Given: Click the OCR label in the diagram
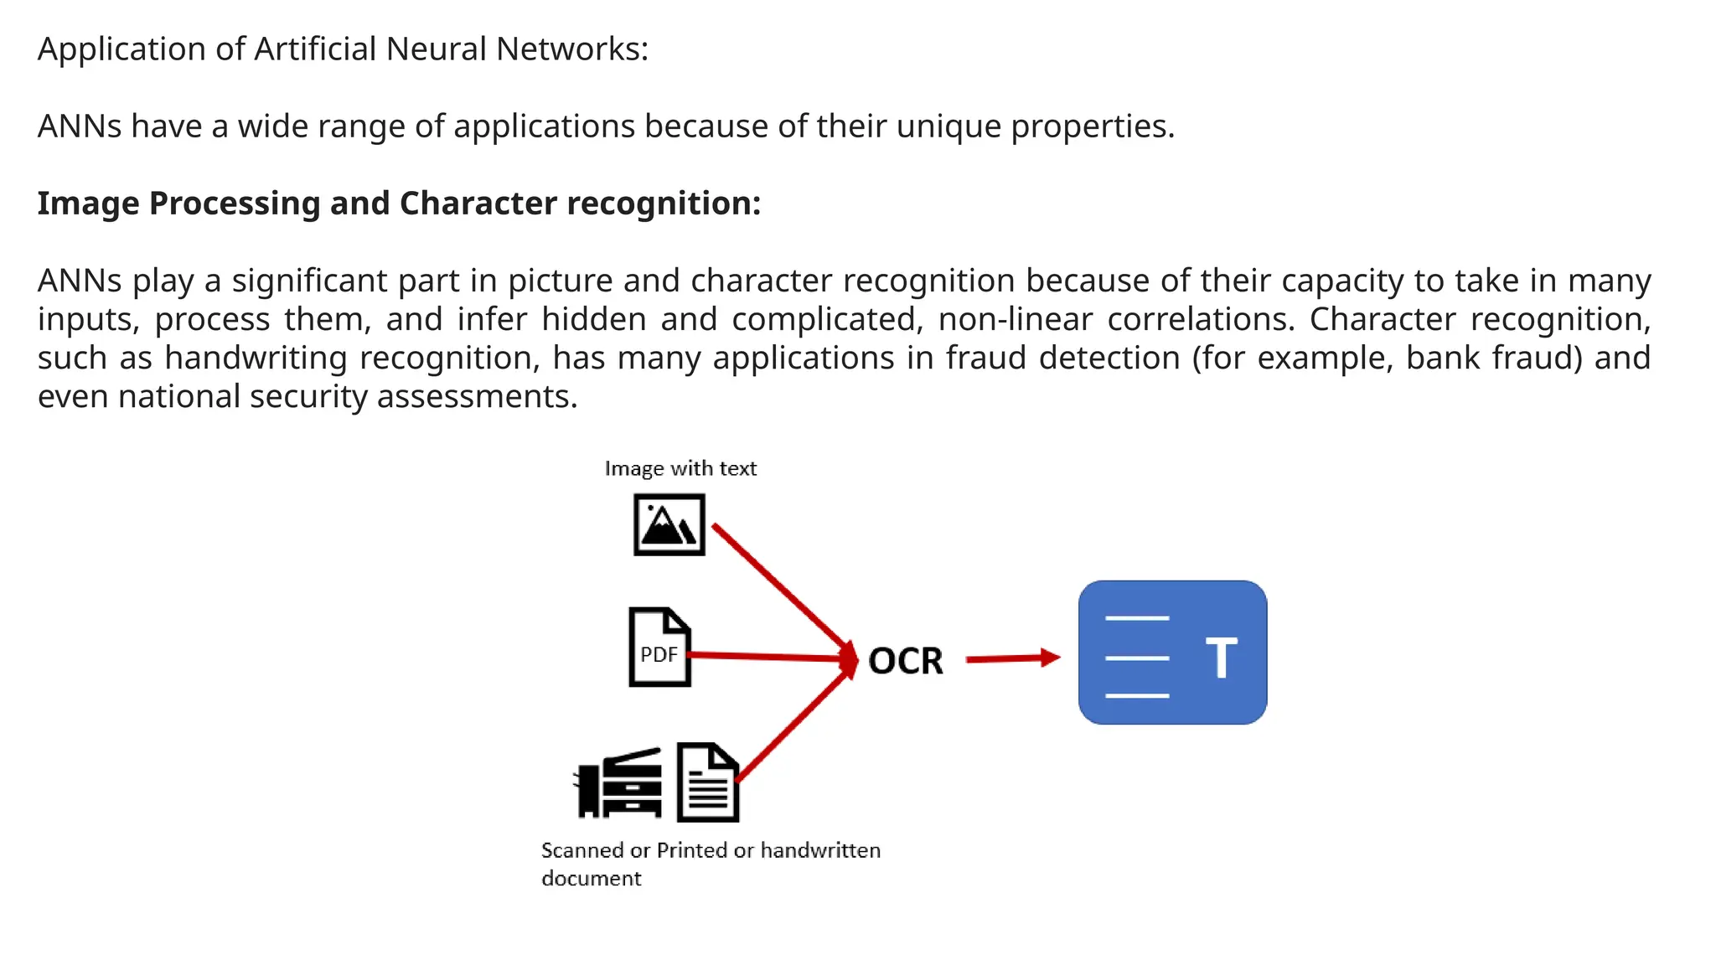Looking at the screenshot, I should pyautogui.click(x=905, y=661).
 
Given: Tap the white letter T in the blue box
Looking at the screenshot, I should pyautogui.click(x=1221, y=658).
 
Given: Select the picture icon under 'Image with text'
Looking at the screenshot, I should pyautogui.click(x=669, y=525).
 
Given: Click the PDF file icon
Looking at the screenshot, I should pyautogui.click(x=659, y=647).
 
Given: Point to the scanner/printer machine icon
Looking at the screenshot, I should pyautogui.click(x=618, y=783).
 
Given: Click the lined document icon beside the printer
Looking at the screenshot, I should pyautogui.click(x=708, y=782).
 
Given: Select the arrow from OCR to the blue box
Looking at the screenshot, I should pyautogui.click(x=1012, y=658).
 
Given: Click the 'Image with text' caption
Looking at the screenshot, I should pyautogui.click(x=680, y=468).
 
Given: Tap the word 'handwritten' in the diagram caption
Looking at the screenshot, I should pyautogui.click(x=820, y=850).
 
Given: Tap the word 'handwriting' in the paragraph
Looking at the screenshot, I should pyautogui.click(x=256, y=359).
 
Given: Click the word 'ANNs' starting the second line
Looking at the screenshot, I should pyautogui.click(x=80, y=126).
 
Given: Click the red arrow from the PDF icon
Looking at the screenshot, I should pyautogui.click(x=767, y=657).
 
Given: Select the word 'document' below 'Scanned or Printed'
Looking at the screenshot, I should pyautogui.click(x=591, y=879).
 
